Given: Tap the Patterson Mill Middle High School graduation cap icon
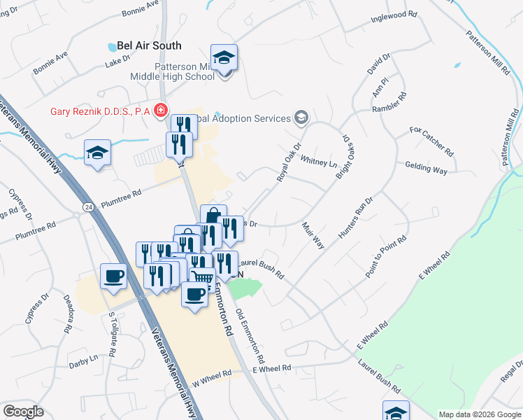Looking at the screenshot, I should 224,58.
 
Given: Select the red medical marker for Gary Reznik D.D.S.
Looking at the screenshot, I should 161,111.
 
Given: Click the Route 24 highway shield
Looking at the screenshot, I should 87,207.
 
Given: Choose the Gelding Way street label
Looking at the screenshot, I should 426,168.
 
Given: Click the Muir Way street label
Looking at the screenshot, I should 313,235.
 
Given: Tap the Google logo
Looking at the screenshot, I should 23,411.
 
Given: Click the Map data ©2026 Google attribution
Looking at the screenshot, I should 479,414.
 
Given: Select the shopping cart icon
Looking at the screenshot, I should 202,279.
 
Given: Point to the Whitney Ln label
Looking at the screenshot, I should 317,160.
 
